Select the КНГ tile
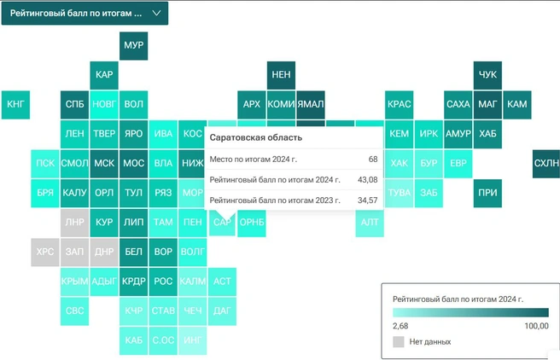coord(16,104)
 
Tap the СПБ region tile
coord(74,104)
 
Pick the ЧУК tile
coord(487,75)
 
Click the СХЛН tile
coord(545,163)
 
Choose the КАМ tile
coord(516,104)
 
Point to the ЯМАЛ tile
coord(310,104)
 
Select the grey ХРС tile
coord(45,252)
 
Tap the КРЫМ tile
coord(74,281)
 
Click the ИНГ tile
coord(193,340)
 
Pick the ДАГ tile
coord(222,311)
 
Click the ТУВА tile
coord(399,193)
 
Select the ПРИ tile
coord(487,193)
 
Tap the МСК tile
coord(104,163)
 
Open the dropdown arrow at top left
coord(156,14)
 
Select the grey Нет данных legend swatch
coord(399,341)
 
